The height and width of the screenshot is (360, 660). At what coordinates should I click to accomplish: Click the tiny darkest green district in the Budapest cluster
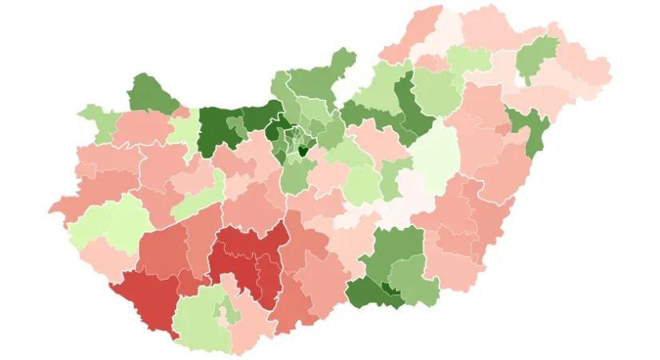tap(303, 149)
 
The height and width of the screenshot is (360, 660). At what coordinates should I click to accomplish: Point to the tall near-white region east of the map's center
tap(438, 157)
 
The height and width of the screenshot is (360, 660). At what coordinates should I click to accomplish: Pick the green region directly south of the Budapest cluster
tap(294, 176)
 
